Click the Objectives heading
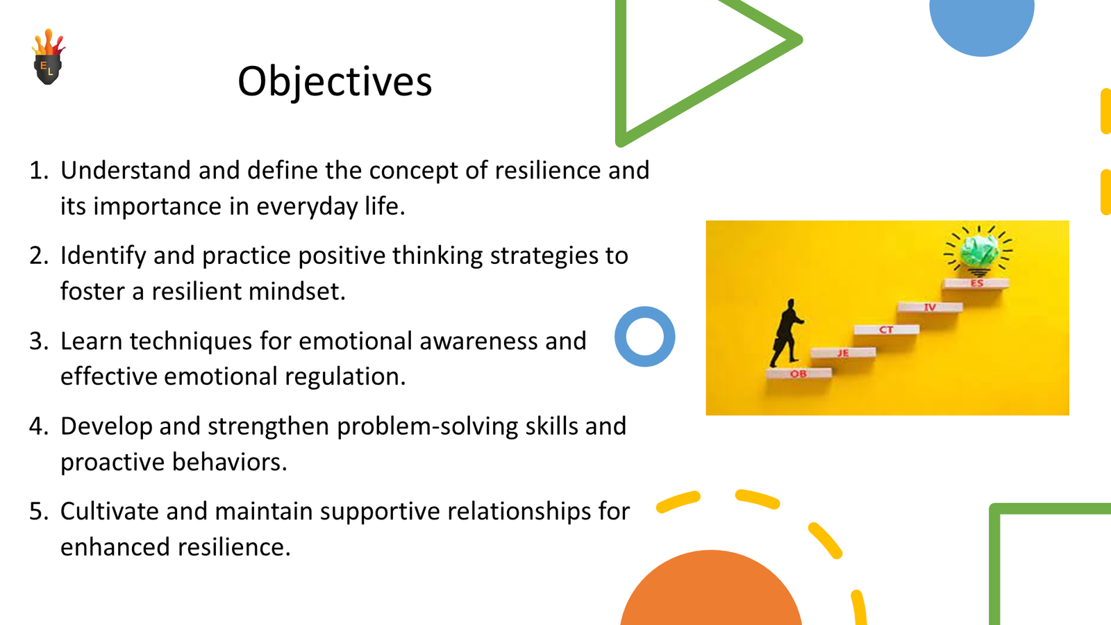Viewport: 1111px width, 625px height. point(335,82)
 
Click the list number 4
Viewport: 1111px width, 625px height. point(39,426)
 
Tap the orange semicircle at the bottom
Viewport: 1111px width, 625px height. point(711,594)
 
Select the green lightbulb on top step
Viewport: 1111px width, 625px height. point(978,251)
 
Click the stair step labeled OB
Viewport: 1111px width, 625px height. point(799,374)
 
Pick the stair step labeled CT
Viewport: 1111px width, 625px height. point(886,330)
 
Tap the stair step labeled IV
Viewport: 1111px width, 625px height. point(930,307)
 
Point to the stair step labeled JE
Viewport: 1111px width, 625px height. point(842,353)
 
